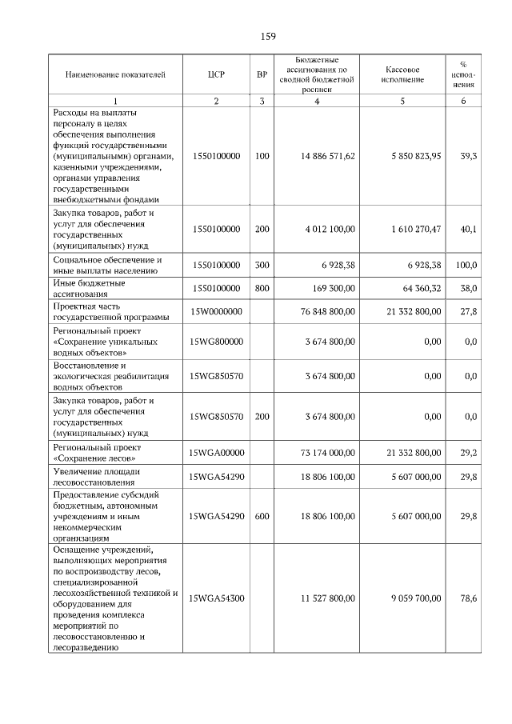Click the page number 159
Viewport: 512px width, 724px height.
pos(269,37)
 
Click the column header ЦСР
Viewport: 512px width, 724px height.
pos(216,74)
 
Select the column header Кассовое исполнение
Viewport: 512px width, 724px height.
pos(403,74)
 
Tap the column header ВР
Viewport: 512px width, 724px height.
pos(262,74)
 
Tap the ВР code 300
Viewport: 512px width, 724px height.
pos(262,265)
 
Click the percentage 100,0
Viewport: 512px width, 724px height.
pos(466,265)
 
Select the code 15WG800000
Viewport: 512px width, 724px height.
pos(216,342)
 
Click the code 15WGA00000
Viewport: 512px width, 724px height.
pos(216,453)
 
